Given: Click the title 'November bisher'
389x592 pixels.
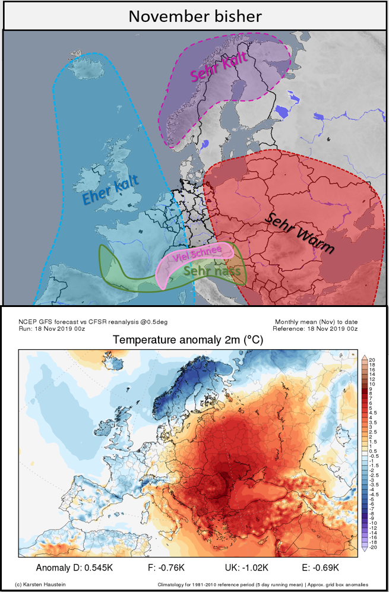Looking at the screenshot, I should [194, 15].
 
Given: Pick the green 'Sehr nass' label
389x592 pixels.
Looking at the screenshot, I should [213, 271].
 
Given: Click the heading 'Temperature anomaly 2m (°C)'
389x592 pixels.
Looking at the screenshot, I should [188, 340].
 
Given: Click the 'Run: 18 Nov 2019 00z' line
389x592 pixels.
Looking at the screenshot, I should [52, 328].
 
